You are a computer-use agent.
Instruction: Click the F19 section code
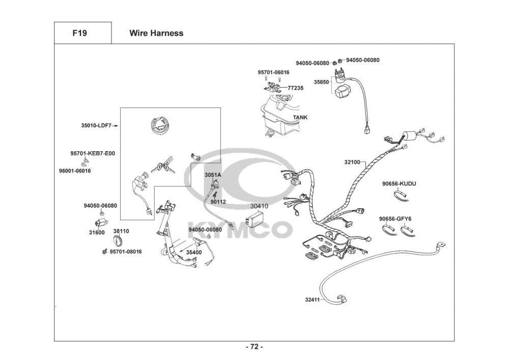(79, 33)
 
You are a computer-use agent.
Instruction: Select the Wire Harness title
(156, 33)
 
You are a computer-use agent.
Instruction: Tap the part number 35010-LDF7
(96, 125)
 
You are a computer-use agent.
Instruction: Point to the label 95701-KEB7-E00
(93, 153)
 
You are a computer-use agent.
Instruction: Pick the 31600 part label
(97, 232)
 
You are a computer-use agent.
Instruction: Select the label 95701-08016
(126, 252)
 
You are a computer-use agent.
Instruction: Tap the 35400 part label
(194, 252)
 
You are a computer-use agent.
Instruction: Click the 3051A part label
(213, 175)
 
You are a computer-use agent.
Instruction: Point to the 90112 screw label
(218, 202)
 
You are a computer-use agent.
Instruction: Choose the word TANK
(300, 117)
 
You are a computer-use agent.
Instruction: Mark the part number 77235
(295, 88)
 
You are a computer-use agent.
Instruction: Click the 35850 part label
(321, 82)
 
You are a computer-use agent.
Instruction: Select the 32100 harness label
(352, 162)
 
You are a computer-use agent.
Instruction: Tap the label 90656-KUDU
(399, 183)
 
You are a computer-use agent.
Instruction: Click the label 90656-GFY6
(395, 219)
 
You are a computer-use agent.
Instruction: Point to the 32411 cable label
(313, 299)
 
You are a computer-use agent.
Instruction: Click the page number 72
(254, 347)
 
